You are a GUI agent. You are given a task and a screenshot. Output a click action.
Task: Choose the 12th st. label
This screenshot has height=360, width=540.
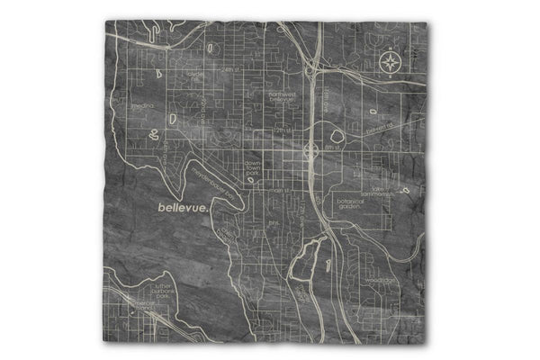tap(284, 131)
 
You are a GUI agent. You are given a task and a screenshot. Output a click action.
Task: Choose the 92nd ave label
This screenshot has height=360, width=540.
tap(203, 112)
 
